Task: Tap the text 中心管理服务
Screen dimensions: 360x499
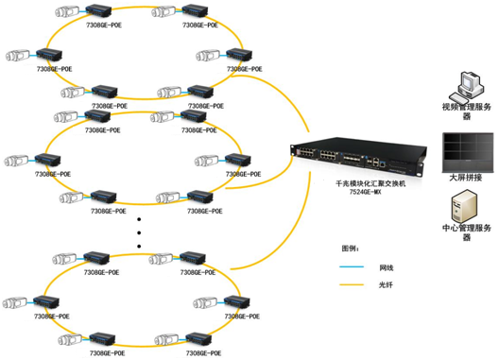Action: coord(463,228)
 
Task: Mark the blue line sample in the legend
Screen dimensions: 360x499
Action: coord(353,267)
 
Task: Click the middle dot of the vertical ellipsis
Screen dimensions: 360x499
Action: coord(140,232)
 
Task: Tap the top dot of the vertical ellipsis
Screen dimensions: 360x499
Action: coord(140,219)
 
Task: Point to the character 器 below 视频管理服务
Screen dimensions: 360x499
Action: coord(463,118)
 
